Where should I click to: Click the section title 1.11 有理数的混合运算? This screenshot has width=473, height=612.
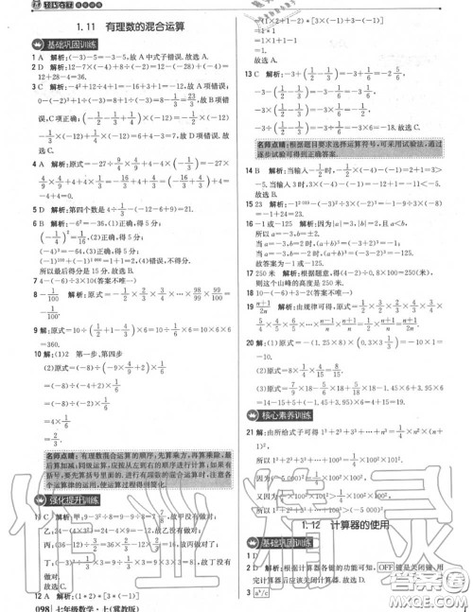click(x=122, y=27)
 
